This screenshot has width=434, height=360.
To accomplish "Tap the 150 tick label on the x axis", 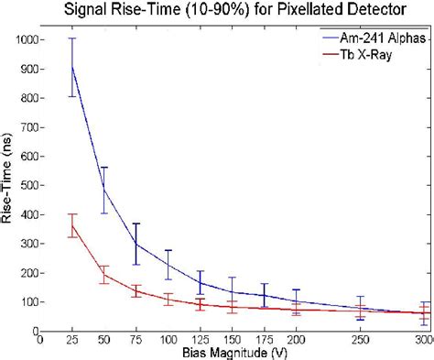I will click(233, 340).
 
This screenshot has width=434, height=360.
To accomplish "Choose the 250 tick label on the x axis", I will click(361, 340).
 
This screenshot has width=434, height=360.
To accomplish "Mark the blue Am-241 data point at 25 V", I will click(72, 67).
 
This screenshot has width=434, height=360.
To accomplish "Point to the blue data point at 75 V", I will click(136, 244).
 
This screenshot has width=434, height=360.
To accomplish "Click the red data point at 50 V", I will click(104, 275).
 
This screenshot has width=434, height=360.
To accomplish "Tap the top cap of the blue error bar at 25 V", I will click(72, 38).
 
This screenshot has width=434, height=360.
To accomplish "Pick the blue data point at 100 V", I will click(168, 265).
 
